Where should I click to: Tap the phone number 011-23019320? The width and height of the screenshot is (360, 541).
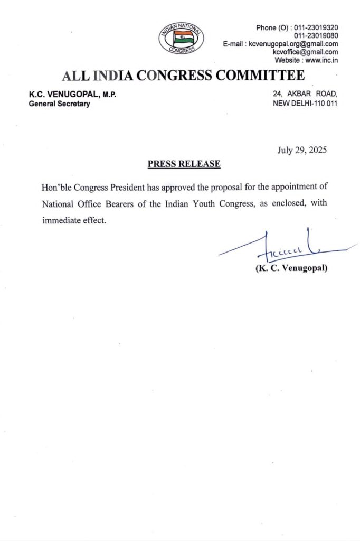coord(316,27)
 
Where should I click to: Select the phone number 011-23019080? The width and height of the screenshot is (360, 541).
coord(316,35)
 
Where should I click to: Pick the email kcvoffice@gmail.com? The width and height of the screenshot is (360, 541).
coord(305,52)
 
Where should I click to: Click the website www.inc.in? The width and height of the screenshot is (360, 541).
coord(321,60)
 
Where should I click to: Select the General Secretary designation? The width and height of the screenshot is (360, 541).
coord(59,104)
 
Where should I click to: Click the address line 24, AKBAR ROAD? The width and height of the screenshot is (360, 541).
coord(305,94)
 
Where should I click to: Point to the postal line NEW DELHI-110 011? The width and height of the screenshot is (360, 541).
coord(305,104)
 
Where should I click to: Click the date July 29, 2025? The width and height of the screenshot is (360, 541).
coord(302,150)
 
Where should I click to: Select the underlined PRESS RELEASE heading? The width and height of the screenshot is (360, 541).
coord(184,164)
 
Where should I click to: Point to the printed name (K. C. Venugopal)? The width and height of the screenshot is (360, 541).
coord(291,268)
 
